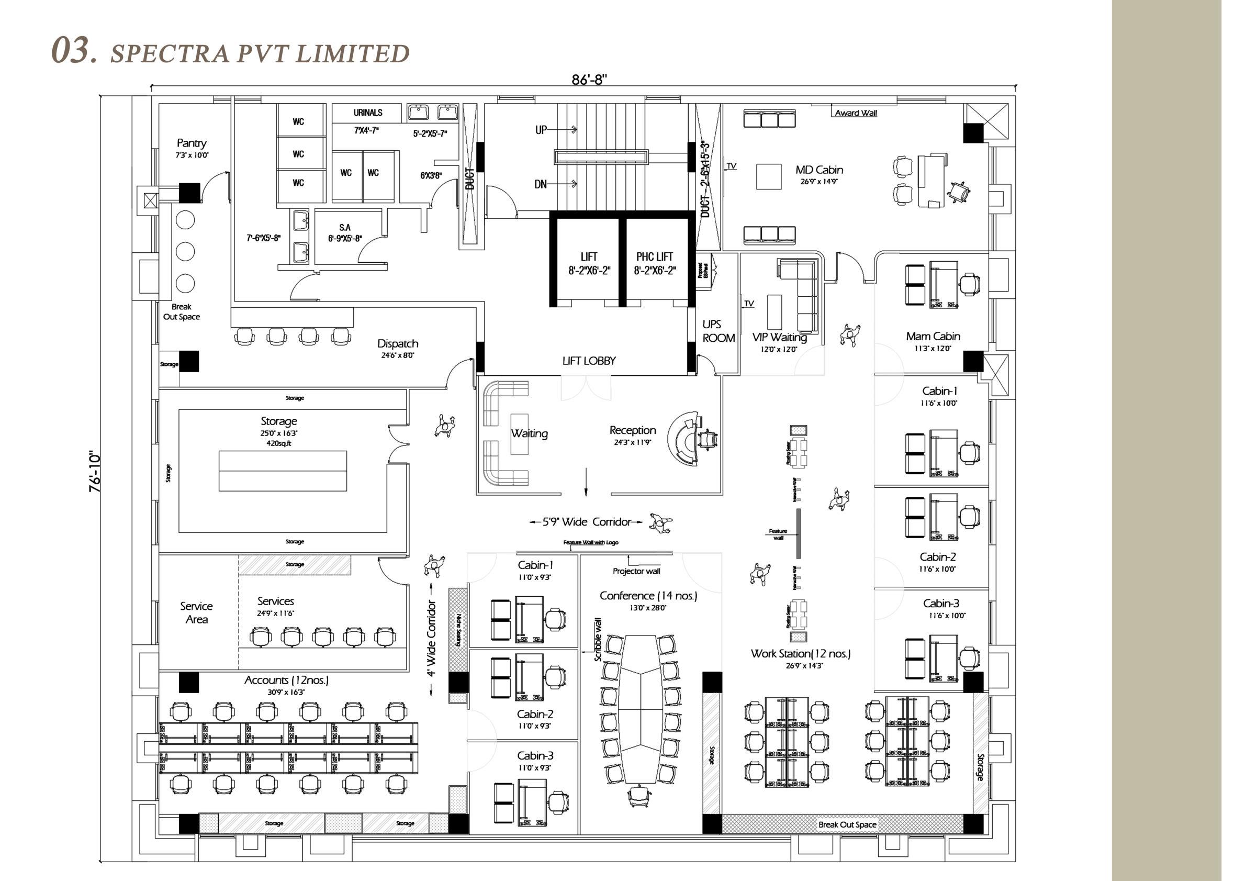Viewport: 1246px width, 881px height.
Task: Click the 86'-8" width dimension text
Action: pyautogui.click(x=589, y=80)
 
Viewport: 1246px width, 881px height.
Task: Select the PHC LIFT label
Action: pyautogui.click(x=655, y=257)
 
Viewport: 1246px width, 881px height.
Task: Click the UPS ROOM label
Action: pyautogui.click(x=718, y=331)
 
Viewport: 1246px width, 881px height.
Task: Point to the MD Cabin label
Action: pyautogui.click(x=819, y=170)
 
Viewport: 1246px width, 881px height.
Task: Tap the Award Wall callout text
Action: pyautogui.click(x=856, y=113)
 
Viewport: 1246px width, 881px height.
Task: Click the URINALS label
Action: pyautogui.click(x=368, y=113)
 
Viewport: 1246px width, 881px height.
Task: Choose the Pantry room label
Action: pyautogui.click(x=192, y=143)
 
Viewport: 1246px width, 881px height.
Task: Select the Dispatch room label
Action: pyautogui.click(x=398, y=343)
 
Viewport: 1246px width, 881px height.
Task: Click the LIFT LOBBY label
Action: pyautogui.click(x=589, y=361)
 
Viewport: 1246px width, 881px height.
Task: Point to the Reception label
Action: pyautogui.click(x=632, y=430)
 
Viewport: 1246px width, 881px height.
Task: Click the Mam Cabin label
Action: pyautogui.click(x=933, y=337)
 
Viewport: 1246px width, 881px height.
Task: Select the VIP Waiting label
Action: pyautogui.click(x=779, y=337)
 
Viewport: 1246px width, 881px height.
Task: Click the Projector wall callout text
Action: pyautogui.click(x=636, y=571)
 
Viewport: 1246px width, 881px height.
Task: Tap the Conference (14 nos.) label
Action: pyautogui.click(x=648, y=596)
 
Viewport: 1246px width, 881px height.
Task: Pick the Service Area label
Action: pyautogui.click(x=196, y=612)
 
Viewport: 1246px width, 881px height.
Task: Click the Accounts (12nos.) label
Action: pyautogui.click(x=286, y=680)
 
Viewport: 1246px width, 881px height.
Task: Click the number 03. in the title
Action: pyautogui.click(x=74, y=50)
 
